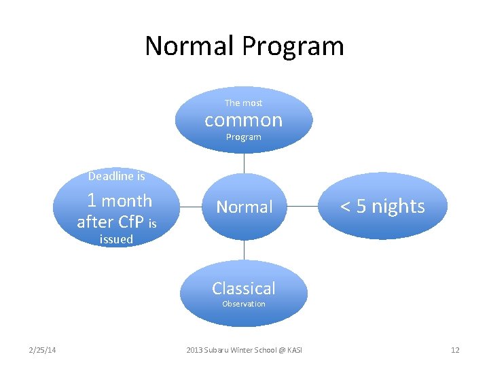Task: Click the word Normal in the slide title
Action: coord(190,46)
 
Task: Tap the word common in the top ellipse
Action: coord(243,120)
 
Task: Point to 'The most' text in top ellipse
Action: coord(243,103)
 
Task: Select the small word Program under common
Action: coord(243,137)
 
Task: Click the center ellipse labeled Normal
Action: coord(244,207)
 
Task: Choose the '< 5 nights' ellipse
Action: coord(382,206)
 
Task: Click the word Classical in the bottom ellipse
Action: coord(243,288)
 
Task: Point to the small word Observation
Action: coord(243,304)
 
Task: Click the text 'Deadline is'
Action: coord(116,177)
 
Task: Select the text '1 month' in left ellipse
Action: coord(120,200)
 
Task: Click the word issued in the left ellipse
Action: coord(116,239)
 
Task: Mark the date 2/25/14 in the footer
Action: coord(42,350)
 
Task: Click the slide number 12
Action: coord(455,350)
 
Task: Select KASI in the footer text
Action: coord(294,350)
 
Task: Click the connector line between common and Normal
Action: coord(244,163)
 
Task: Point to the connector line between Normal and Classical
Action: coord(244,250)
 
